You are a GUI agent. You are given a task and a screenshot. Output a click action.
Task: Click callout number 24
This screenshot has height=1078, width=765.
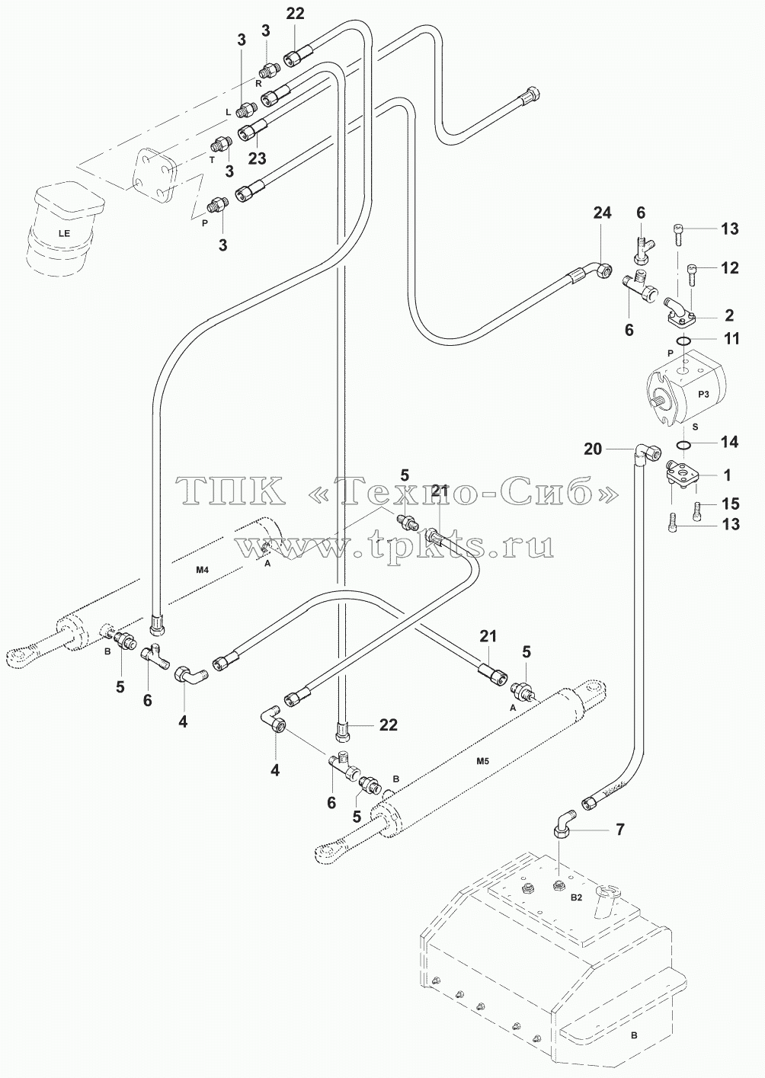pos(602,213)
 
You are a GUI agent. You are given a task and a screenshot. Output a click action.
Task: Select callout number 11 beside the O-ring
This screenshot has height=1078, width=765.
pos(731,339)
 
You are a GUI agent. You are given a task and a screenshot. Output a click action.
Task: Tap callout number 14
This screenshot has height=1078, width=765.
pos(730,442)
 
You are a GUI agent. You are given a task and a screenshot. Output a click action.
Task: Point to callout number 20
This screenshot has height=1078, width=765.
pos(593,449)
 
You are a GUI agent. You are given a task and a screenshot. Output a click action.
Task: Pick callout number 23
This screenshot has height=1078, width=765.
pos(258,158)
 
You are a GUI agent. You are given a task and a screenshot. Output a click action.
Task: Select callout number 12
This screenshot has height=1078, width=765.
pos(730,267)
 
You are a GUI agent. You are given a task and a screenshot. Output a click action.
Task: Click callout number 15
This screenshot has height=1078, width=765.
pos(731,504)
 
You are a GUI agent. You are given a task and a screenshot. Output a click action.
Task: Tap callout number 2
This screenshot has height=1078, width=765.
pos(729,315)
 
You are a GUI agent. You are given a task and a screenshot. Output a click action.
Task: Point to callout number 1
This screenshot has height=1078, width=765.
pos(727,475)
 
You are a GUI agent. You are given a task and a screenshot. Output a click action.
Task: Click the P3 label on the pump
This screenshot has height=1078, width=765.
pos(704,394)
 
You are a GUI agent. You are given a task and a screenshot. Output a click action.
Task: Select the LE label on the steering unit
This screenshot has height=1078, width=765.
pos(64,233)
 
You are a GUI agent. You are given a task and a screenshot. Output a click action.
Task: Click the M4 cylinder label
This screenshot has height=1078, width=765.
pos(202,571)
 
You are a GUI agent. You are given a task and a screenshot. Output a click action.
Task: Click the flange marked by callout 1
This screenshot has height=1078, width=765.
pos(680,475)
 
